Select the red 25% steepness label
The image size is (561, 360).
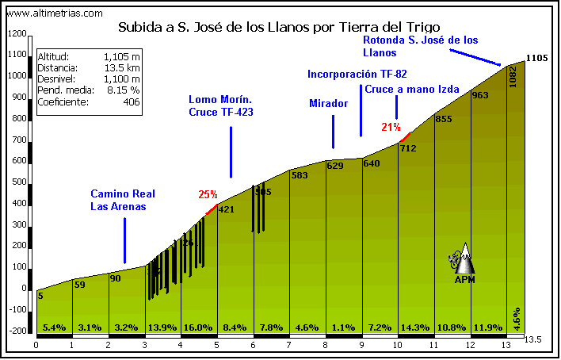(x=208, y=194)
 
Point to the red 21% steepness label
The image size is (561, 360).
(x=391, y=127)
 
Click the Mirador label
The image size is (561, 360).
(x=329, y=104)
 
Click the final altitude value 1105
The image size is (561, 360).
(x=537, y=58)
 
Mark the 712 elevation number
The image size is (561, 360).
(x=408, y=148)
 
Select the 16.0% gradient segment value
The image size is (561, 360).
(x=198, y=327)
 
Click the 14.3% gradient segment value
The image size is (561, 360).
(x=416, y=327)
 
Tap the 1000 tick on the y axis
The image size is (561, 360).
(x=16, y=76)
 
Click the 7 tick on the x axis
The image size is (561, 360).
(x=289, y=345)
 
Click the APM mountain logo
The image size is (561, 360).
(x=464, y=266)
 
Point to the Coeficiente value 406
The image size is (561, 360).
(x=131, y=102)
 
